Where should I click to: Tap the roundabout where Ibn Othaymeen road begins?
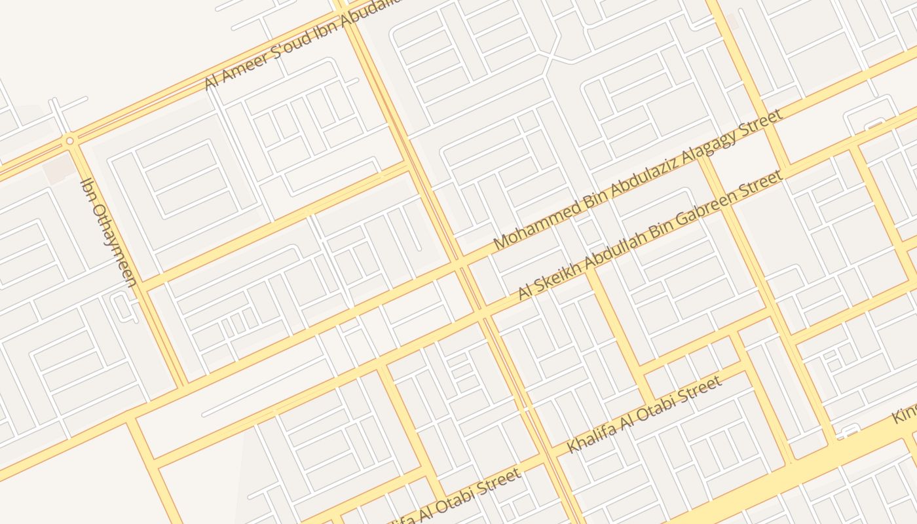click(x=69, y=140)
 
